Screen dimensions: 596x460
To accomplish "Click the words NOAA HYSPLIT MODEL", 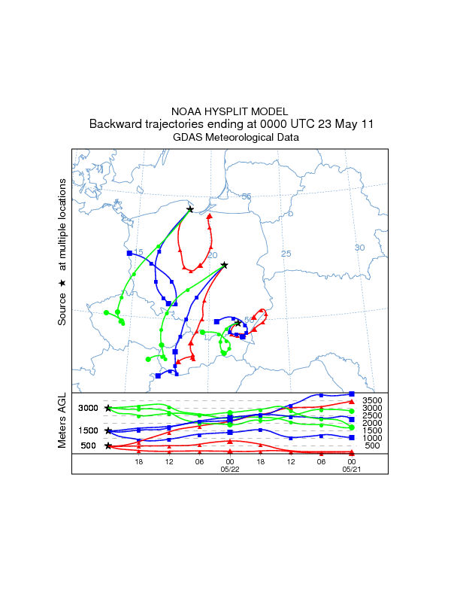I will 230,111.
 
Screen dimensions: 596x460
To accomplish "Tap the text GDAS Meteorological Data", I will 230,137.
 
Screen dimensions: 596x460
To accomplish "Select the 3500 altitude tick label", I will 373,400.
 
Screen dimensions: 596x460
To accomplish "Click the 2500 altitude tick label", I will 373,415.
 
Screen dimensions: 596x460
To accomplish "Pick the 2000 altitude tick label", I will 373,423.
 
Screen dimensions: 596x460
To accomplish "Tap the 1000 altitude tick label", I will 373,438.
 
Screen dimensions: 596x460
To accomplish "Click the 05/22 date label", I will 230,468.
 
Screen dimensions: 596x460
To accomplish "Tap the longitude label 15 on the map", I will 138,252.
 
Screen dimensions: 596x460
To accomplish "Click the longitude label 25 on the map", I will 286,254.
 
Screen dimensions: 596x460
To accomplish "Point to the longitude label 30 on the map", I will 359,248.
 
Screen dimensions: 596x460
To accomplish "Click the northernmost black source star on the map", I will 190,210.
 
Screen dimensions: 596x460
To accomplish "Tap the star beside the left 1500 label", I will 108,430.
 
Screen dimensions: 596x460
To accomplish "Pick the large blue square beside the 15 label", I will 129,254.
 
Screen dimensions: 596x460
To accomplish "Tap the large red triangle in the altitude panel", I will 352,401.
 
